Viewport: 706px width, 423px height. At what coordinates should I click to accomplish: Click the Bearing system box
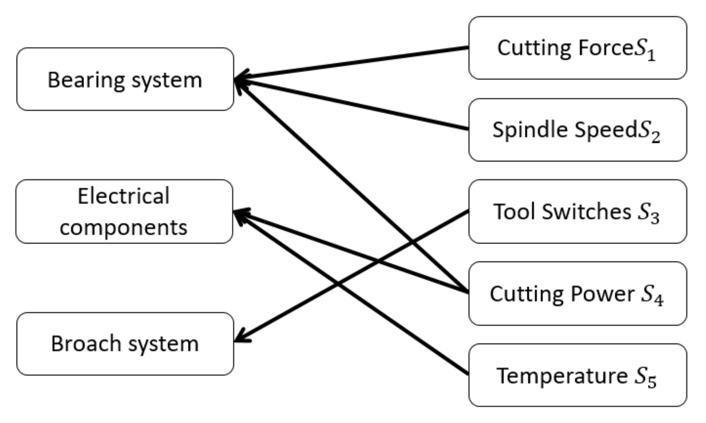[125, 79]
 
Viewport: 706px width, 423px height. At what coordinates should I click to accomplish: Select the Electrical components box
[124, 211]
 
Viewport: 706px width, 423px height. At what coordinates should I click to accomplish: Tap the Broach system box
[125, 344]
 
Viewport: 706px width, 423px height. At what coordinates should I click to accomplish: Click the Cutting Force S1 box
[577, 48]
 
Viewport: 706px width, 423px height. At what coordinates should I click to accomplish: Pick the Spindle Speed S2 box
[577, 130]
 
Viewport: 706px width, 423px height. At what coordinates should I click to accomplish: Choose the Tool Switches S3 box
[577, 211]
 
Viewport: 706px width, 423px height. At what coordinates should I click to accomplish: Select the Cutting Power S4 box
[577, 293]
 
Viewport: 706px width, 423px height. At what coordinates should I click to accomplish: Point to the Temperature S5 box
[577, 375]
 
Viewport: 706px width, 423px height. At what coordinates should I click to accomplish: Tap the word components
[123, 227]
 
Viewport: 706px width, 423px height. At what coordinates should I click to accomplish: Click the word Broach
[86, 344]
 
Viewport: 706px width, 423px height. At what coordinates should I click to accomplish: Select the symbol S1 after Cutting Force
[645, 51]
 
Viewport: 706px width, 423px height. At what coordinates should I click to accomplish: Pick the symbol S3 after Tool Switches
[648, 213]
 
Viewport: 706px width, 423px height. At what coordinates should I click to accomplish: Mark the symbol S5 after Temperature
[645, 378]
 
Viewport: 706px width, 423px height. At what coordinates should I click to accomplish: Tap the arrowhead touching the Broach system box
[241, 338]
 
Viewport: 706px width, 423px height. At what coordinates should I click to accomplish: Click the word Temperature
[562, 376]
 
